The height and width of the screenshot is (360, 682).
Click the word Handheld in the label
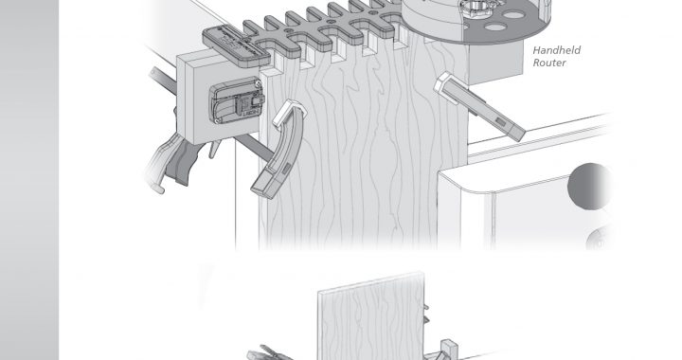point(556,50)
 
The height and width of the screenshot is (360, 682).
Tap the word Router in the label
point(549,63)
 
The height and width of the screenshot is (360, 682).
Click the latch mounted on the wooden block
point(237,99)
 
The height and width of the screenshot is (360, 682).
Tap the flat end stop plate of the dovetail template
point(236,45)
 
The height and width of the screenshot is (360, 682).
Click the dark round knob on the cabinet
point(590,186)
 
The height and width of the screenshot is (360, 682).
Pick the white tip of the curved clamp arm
point(289,112)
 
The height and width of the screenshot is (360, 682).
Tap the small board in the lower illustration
point(371,316)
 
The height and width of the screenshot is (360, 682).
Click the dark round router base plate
point(478,20)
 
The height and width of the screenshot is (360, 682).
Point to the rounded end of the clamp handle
point(157,188)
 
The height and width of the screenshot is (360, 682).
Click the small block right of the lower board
point(449,349)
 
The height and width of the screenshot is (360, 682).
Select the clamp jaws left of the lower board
point(266,352)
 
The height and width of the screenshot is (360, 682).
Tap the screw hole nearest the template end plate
point(286,31)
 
